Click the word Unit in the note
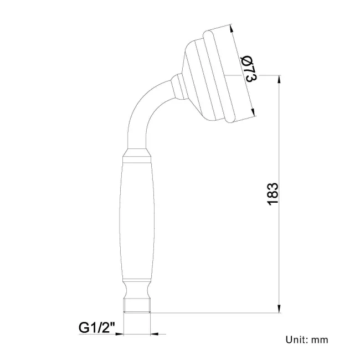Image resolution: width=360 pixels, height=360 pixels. [x=295, y=340]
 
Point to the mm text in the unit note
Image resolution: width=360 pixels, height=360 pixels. [x=320, y=340]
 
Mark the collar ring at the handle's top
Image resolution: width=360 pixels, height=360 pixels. [x=137, y=155]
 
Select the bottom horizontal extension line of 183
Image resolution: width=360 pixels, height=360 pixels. [x=222, y=313]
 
